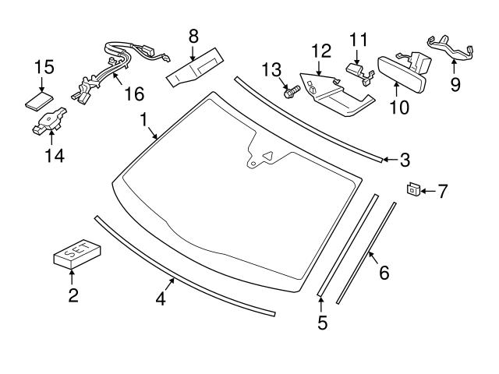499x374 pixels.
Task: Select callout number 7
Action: tap(442, 190)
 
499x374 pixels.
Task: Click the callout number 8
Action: tap(193, 35)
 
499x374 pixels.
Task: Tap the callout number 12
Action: tap(321, 51)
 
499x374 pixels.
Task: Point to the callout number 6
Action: tap(384, 273)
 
